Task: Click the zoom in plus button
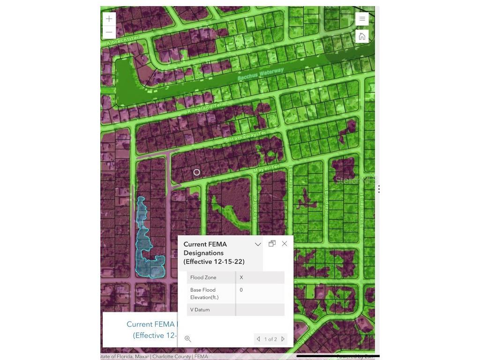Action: point(109,19)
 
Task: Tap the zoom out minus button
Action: point(109,32)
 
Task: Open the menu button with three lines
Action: point(362,19)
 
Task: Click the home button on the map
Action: point(362,37)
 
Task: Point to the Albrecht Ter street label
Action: point(123,41)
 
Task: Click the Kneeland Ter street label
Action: point(205,108)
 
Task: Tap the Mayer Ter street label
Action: point(266,168)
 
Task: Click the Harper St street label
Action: point(326,201)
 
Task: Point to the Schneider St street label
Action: point(362,210)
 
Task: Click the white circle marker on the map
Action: point(197,172)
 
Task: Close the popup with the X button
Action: point(285,244)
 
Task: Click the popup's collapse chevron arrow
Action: point(258,244)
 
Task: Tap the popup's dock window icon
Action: point(272,243)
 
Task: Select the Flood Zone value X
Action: point(241,277)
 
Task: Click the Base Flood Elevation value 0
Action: point(241,290)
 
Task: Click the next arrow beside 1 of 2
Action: point(283,339)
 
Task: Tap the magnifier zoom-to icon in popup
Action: point(188,339)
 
